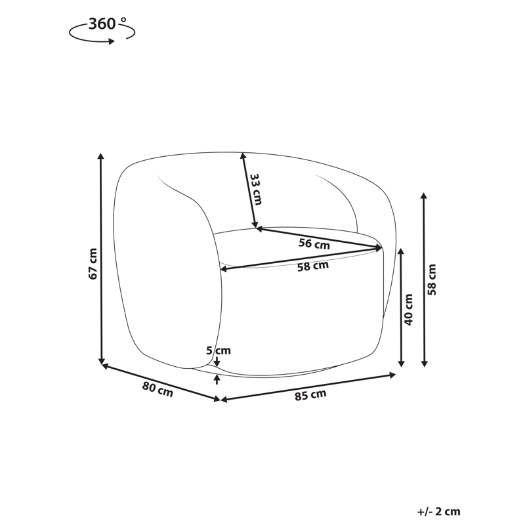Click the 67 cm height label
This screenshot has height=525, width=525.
pyautogui.click(x=93, y=264)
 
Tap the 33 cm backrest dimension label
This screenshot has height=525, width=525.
pyautogui.click(x=256, y=189)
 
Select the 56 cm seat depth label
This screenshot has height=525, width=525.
pyautogui.click(x=314, y=243)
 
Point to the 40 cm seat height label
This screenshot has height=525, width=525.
pyautogui.click(x=409, y=310)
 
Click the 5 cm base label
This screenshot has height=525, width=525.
pyautogui.click(x=219, y=350)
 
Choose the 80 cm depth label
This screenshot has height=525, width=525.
pyautogui.click(x=157, y=389)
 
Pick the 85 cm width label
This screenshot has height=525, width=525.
pyautogui.click(x=310, y=395)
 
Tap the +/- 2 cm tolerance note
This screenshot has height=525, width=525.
pyautogui.click(x=438, y=512)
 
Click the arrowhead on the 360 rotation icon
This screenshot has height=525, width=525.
pyautogui.click(x=112, y=41)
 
